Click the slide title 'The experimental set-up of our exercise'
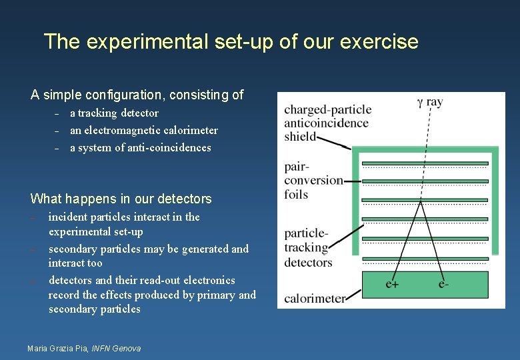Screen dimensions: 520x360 [231, 42]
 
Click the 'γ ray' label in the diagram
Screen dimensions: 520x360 [429, 102]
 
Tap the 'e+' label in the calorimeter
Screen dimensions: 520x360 [393, 284]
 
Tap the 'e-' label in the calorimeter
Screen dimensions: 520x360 [444, 284]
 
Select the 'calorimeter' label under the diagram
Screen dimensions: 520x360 [315, 298]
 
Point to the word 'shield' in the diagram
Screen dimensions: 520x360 [300, 136]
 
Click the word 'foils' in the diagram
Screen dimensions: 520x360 [296, 194]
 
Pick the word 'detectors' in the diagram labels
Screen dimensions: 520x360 [308, 262]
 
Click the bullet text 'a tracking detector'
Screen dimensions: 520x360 [114, 113]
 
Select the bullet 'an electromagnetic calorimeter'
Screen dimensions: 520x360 [144, 131]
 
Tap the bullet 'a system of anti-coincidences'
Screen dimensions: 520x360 [140, 148]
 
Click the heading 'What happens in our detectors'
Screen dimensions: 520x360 [121, 199]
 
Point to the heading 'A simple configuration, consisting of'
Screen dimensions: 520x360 [137, 95]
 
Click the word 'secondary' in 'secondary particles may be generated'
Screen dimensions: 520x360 [73, 249]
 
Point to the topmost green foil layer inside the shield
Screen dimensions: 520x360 [425, 163]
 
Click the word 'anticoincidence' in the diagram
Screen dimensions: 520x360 [326, 123]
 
